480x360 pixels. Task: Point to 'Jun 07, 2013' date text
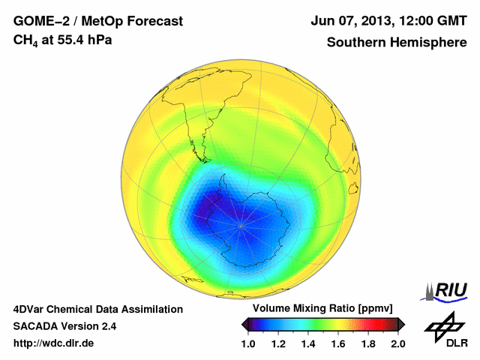pos(346,21)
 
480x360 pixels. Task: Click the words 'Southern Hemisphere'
pos(396,42)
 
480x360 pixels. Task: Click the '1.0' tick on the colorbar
pos(249,343)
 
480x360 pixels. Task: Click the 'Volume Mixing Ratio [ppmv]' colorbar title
pos(323,308)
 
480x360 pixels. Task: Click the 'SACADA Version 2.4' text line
pos(64,326)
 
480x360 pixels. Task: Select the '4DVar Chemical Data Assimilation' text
pos(97,309)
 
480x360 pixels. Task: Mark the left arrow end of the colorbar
pos(244,324)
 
